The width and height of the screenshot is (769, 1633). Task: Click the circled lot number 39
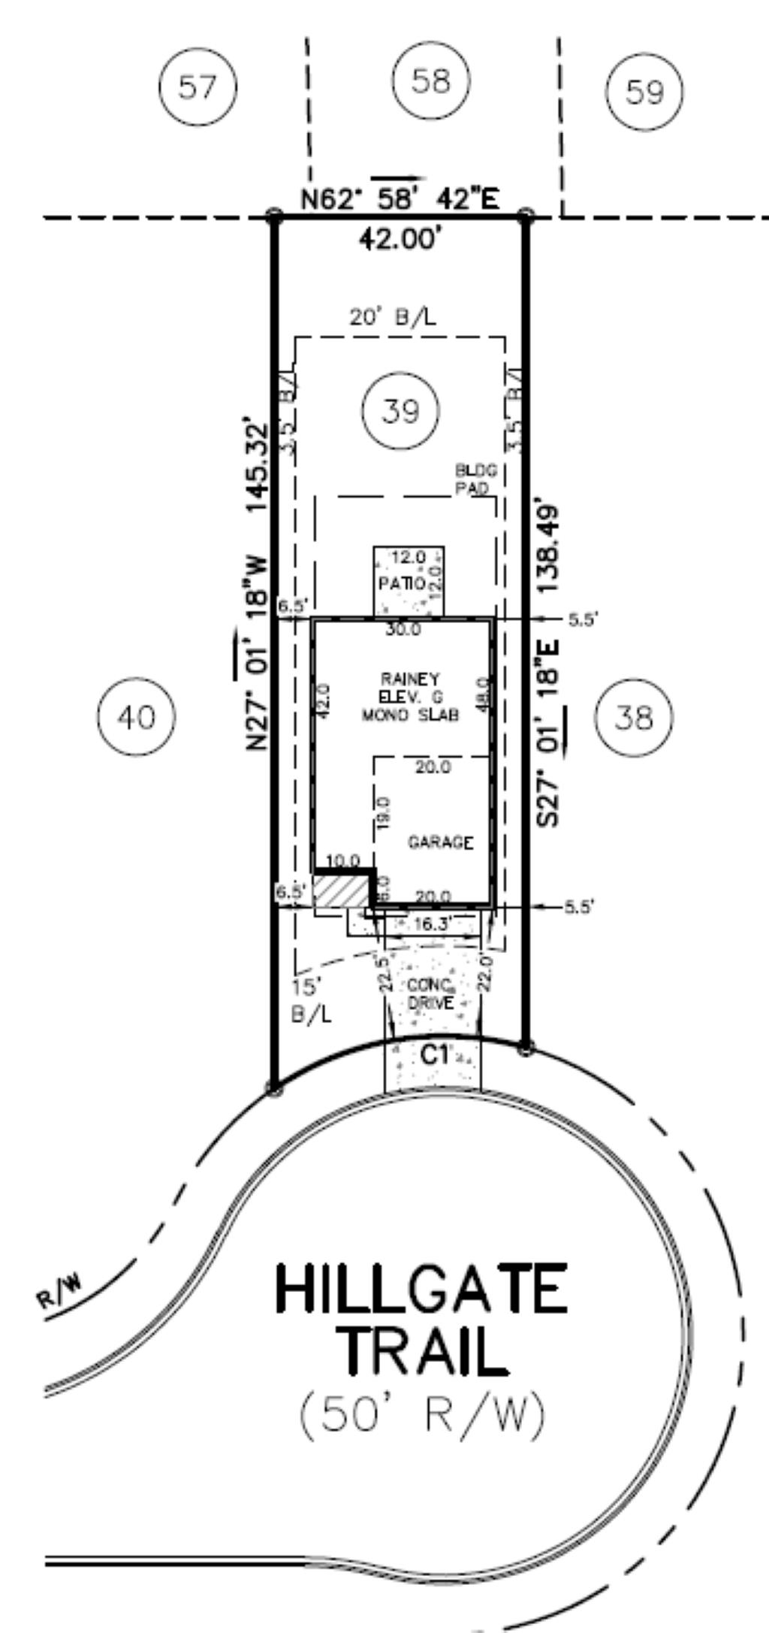tap(400, 411)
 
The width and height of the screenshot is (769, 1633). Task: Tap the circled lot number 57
tap(198, 88)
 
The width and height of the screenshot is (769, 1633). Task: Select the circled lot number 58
tap(431, 80)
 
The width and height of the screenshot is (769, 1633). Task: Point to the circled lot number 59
tap(645, 92)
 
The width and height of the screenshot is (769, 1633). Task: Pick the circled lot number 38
tap(634, 718)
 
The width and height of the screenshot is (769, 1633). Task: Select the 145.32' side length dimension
tap(258, 467)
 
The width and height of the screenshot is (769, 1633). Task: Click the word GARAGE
tap(441, 842)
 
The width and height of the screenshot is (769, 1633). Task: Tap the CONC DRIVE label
tap(430, 994)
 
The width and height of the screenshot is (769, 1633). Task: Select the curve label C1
tap(435, 1054)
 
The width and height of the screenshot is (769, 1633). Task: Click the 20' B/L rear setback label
tap(392, 317)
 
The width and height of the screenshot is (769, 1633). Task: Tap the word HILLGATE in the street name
tap(421, 1289)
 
